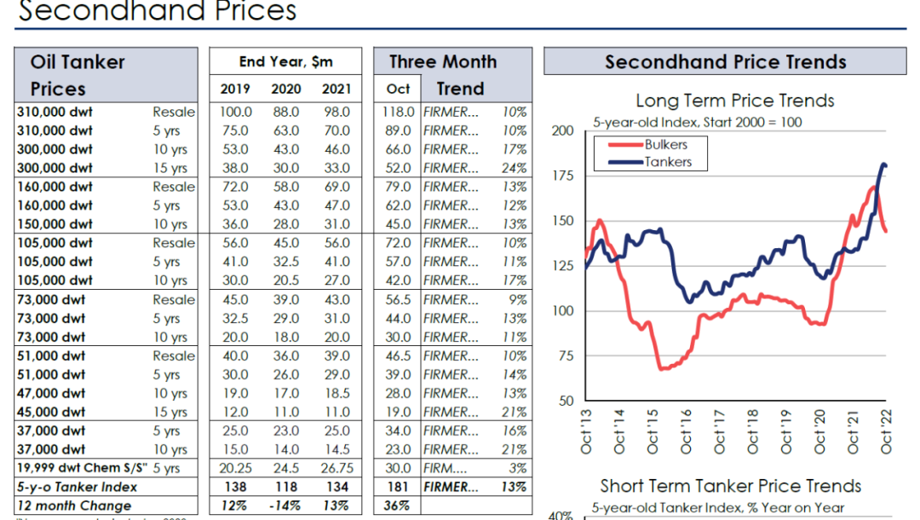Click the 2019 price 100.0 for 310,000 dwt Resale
tap(235, 112)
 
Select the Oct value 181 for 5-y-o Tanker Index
tap(399, 487)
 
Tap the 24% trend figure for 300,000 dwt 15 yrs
tap(514, 168)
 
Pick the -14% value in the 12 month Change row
tap(286, 506)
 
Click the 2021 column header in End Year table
tap(336, 89)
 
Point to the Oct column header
tap(398, 89)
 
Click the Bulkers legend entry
tap(665, 144)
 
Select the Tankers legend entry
tap(668, 161)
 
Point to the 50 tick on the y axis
tap(564, 401)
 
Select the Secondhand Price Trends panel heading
tap(726, 62)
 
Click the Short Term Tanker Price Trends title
tap(731, 486)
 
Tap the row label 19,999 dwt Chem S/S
tap(83, 468)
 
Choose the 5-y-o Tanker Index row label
tap(78, 487)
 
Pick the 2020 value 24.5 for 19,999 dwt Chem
tap(286, 468)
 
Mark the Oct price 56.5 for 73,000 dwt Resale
tap(398, 299)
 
